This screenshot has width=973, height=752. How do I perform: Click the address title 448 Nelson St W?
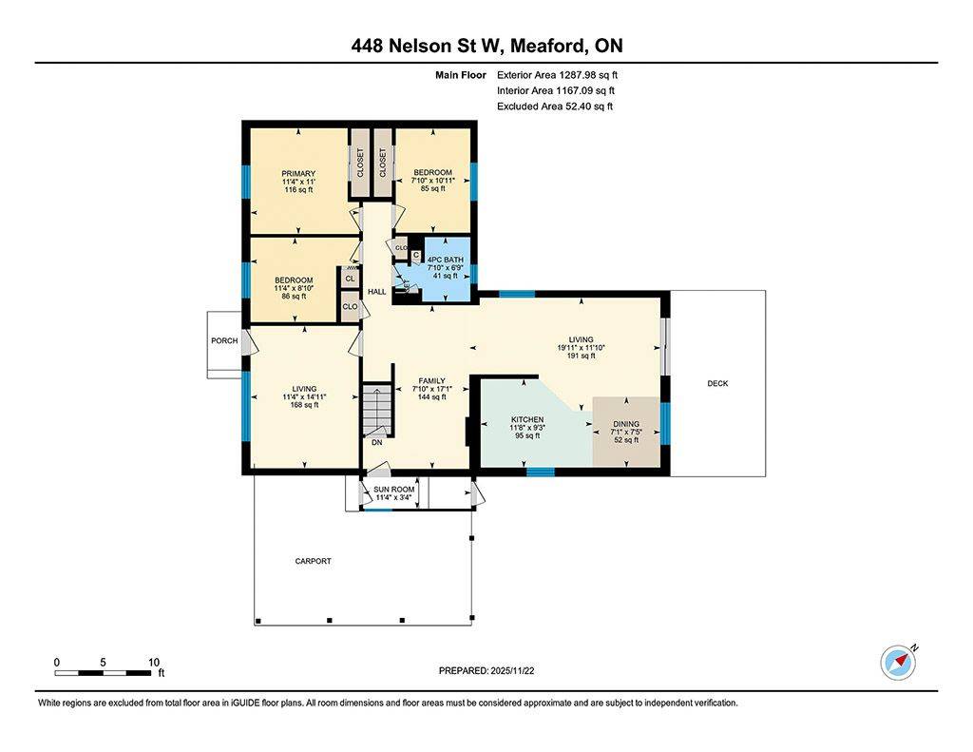tap(486, 46)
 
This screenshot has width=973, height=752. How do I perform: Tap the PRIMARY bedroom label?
tap(297, 173)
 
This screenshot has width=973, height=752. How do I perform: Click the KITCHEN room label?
tap(527, 419)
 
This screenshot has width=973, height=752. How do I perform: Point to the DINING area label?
tap(625, 424)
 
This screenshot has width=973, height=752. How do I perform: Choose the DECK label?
tap(717, 383)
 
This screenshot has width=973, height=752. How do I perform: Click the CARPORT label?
tap(313, 561)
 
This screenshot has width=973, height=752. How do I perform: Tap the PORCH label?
tap(224, 340)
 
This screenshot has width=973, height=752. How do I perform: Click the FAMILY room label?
tap(432, 381)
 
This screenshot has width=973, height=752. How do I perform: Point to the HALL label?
tap(376, 291)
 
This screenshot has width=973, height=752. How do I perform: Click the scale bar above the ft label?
tap(105, 673)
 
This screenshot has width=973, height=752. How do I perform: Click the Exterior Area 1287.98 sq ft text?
tap(557, 74)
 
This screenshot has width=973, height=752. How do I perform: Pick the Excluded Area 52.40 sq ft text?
tap(555, 106)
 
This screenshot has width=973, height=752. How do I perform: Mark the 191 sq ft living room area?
tap(581, 357)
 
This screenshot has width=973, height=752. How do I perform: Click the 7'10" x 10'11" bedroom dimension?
tap(432, 181)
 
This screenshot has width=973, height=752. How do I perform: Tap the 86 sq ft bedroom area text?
tap(294, 297)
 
